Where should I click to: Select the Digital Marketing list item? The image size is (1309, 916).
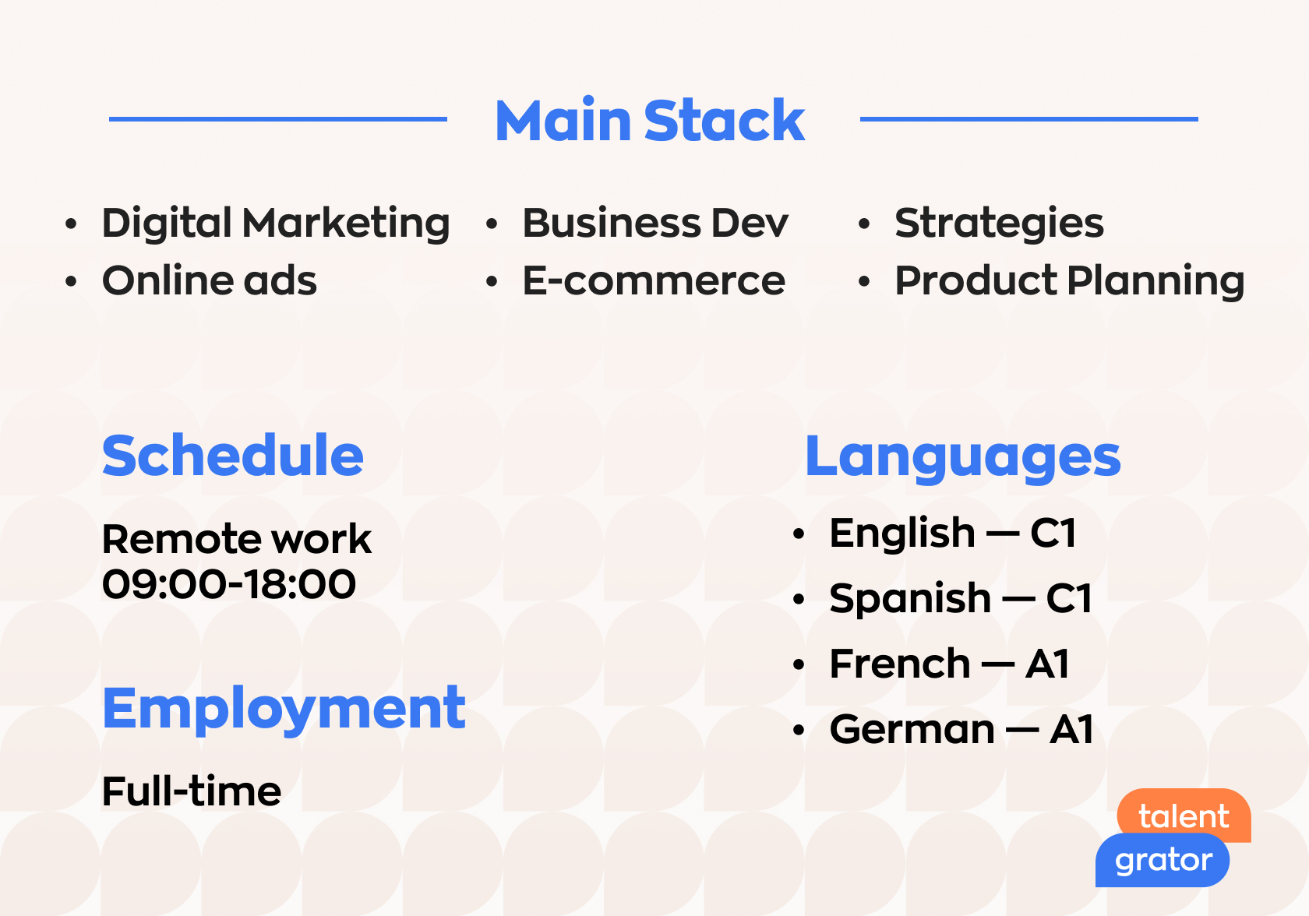click(276, 224)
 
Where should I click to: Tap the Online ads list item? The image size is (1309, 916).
click(209, 280)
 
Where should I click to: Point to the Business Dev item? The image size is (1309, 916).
click(655, 223)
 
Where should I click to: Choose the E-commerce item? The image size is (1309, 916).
click(654, 280)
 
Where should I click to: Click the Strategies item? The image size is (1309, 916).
click(999, 224)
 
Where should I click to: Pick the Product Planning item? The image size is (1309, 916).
click(1069, 282)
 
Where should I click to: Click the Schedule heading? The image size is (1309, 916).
click(232, 456)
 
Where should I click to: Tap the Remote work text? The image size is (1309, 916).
click(237, 539)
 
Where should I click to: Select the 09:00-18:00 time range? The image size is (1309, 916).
click(228, 583)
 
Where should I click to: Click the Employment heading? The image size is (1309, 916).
click(284, 710)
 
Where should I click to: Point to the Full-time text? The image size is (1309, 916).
click(192, 791)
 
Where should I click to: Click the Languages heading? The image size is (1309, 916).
click(963, 458)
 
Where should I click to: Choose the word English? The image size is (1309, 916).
click(902, 534)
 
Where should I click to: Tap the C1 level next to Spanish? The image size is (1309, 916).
click(1069, 599)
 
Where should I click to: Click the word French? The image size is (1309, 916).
click(900, 664)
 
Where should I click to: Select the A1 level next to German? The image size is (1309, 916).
click(1071, 730)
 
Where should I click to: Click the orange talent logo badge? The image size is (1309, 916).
click(1184, 814)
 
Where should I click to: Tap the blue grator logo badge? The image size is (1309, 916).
click(1163, 860)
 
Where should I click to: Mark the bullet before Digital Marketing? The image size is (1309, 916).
click(71, 224)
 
